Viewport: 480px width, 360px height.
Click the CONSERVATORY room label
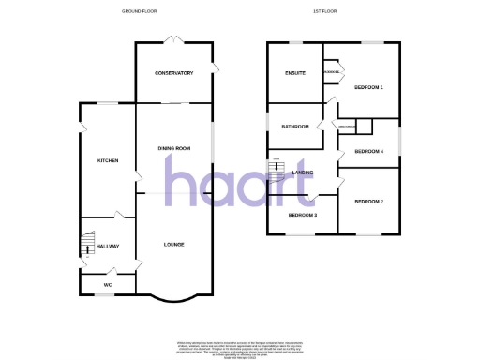(174, 73)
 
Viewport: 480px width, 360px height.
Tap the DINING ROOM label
(174, 149)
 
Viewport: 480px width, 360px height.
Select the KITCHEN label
(108, 161)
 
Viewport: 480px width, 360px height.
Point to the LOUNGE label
(173, 245)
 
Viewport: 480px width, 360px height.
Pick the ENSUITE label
(295, 73)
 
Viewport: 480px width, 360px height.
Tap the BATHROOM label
(295, 127)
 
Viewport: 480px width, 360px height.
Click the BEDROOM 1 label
(368, 87)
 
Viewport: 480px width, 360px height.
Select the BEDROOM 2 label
(368, 202)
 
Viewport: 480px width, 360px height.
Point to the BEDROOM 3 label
(302, 216)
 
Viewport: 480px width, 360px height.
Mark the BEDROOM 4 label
(368, 152)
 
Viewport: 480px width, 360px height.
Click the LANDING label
(303, 172)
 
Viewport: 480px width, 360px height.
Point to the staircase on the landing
(277, 171)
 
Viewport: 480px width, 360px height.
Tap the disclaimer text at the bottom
(240, 348)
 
